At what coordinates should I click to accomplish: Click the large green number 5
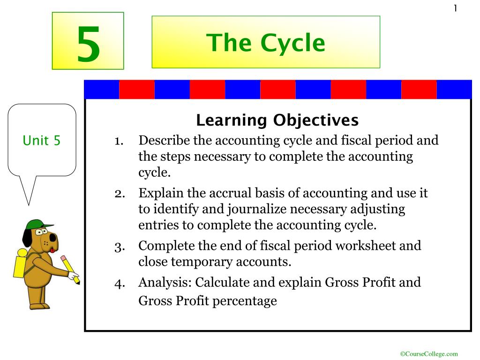tap(88, 44)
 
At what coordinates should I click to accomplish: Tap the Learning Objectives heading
tap(277, 120)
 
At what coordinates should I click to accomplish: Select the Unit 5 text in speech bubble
tap(42, 141)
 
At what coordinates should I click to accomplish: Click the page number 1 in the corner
tap(456, 8)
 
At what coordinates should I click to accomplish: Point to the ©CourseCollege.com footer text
tap(429, 354)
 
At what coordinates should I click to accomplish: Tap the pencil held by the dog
tap(70, 270)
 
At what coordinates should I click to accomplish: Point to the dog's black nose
tap(53, 238)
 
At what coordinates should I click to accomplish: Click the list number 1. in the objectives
tap(119, 141)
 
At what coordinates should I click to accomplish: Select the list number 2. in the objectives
tap(120, 194)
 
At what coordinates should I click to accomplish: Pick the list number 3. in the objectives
tap(120, 247)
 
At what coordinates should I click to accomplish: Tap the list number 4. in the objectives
tap(120, 284)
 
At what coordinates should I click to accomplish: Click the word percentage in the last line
tap(244, 301)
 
